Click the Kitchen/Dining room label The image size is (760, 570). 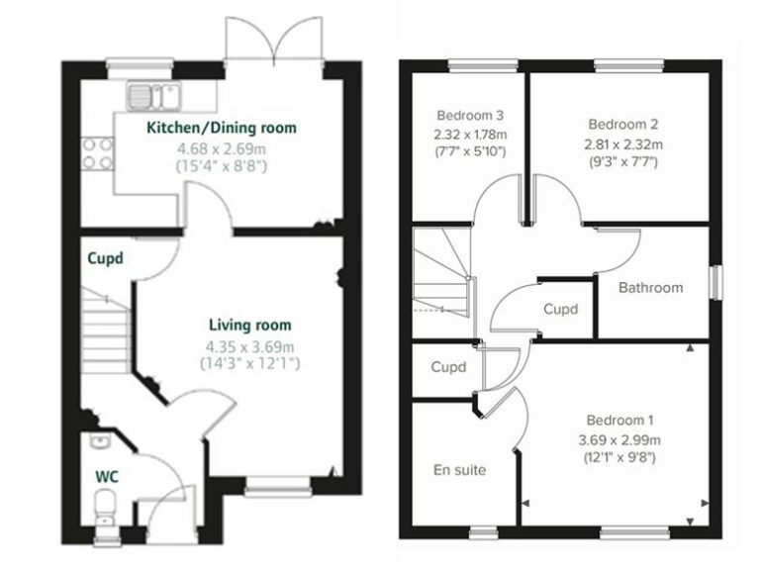(x=221, y=128)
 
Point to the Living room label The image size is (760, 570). (x=249, y=325)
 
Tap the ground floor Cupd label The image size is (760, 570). (x=105, y=259)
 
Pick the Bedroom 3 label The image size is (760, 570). (x=469, y=113)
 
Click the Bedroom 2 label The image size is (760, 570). (x=622, y=125)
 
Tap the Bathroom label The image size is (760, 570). (x=650, y=288)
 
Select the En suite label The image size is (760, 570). (x=459, y=470)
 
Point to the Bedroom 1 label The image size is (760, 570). (x=617, y=419)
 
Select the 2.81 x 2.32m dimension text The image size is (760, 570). (x=622, y=143)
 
